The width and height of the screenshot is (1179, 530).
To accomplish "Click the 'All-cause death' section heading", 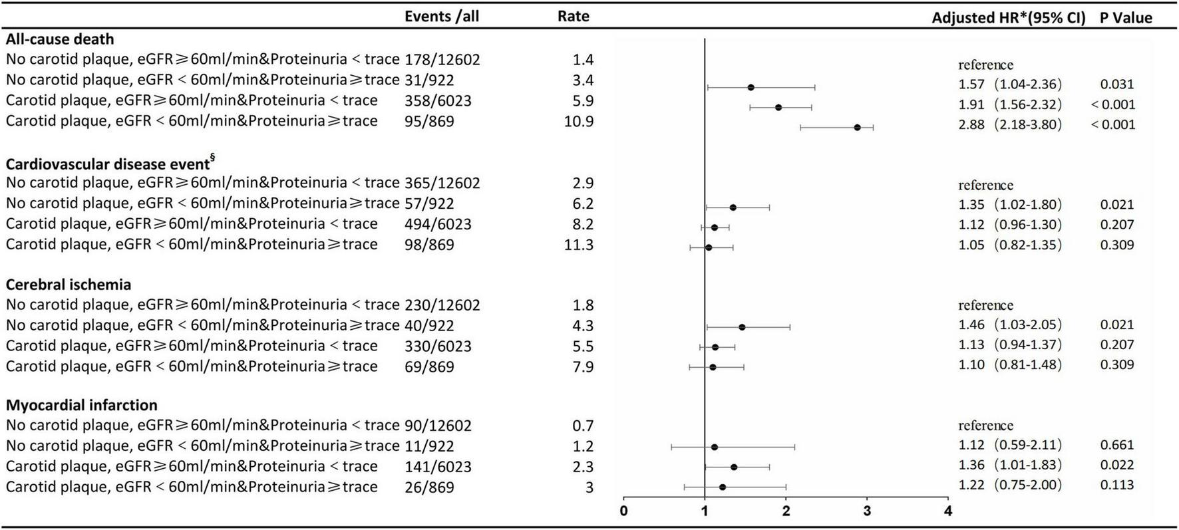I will point(60,39).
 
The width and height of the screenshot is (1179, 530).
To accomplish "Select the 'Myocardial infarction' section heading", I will point(82,405).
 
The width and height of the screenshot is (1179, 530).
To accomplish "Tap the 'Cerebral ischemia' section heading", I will point(69,285).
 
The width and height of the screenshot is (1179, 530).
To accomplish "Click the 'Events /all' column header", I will point(442,16).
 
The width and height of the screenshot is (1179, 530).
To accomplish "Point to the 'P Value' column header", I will point(1126,18).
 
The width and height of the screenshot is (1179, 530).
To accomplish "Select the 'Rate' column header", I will point(574,16).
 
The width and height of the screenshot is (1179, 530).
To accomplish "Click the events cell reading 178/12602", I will point(442,60).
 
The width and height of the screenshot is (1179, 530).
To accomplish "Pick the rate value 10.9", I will point(579,122).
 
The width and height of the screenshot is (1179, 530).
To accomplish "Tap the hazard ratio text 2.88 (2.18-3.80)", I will point(1010,124).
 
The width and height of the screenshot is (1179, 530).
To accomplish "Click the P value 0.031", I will point(1117,84).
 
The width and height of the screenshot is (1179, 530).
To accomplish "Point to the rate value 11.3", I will point(579,245).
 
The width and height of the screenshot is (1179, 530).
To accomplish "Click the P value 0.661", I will point(1117,445).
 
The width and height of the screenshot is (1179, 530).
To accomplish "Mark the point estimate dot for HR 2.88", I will point(857,127).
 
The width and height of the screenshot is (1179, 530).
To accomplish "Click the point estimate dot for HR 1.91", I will point(778,107).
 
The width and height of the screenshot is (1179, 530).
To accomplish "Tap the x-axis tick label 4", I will point(948,511).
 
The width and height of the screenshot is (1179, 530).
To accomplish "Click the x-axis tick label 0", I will point(623,511).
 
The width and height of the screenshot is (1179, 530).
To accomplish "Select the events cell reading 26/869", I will point(429,487).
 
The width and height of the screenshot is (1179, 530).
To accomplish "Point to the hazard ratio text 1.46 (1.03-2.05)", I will point(1010,325).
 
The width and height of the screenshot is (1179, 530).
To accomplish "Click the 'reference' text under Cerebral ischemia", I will point(985,305).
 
